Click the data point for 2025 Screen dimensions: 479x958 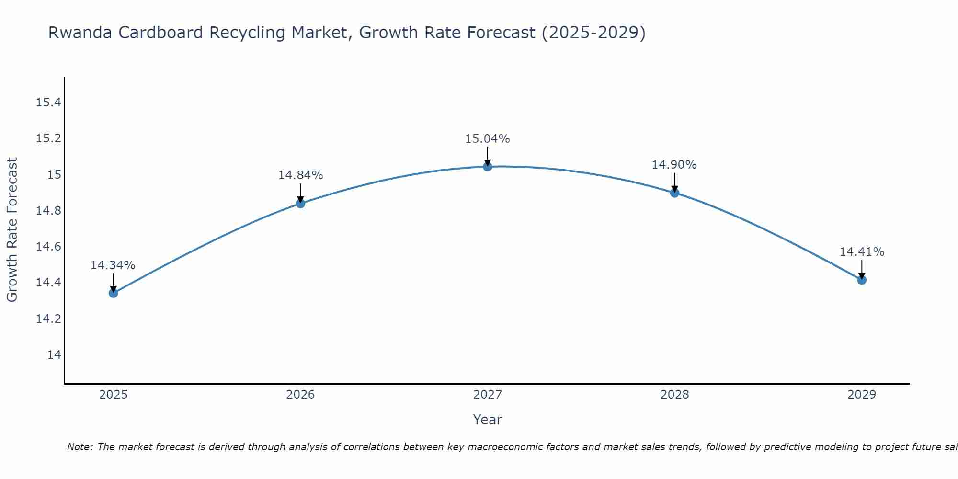click(114, 293)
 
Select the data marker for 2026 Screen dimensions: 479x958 click(300, 203)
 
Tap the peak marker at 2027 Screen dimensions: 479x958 click(488, 167)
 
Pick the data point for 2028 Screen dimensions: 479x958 click(674, 193)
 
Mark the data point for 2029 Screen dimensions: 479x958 click(862, 280)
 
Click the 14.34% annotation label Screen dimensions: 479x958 click(113, 265)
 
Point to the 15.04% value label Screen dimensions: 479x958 click(488, 139)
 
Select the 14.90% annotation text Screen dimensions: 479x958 click(674, 165)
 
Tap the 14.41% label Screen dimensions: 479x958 click(862, 252)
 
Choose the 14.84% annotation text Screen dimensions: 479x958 click(300, 175)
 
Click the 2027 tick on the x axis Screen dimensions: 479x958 click(488, 395)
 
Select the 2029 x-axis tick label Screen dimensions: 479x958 click(862, 395)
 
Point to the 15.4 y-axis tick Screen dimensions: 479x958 click(48, 103)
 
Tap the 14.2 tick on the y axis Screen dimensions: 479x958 click(48, 319)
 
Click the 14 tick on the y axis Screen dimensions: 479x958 click(54, 355)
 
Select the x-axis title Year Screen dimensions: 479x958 click(488, 420)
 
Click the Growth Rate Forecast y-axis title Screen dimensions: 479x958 click(12, 230)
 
